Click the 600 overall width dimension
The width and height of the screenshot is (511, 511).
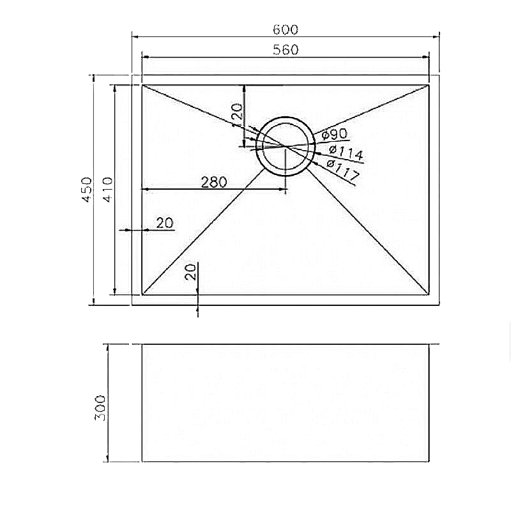click(285, 29)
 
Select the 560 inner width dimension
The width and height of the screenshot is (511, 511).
click(286, 50)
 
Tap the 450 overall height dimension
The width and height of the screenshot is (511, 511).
click(87, 190)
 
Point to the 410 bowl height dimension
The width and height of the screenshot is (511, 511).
click(107, 190)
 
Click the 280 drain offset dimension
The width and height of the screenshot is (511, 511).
click(214, 182)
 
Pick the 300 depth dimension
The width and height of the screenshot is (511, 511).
click(100, 408)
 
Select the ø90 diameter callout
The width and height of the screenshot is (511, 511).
click(333, 133)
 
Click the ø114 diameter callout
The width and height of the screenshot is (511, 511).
click(346, 152)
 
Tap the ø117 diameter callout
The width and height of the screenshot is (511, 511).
click(342, 170)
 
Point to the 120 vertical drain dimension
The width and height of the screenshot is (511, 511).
click(237, 112)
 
